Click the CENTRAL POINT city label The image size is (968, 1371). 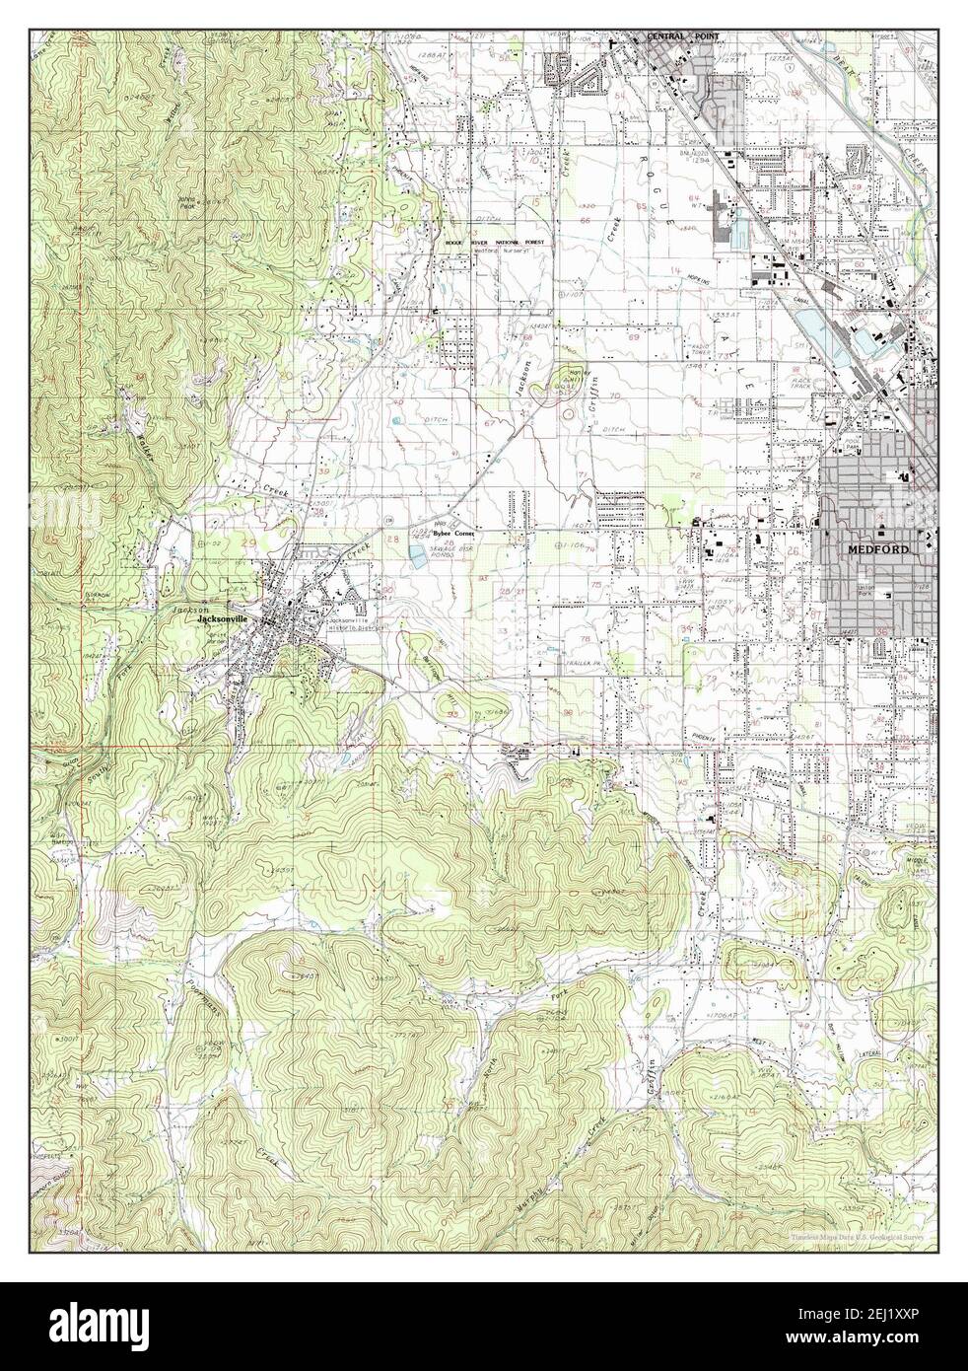point(682,36)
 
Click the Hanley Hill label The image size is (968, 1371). point(571,376)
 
